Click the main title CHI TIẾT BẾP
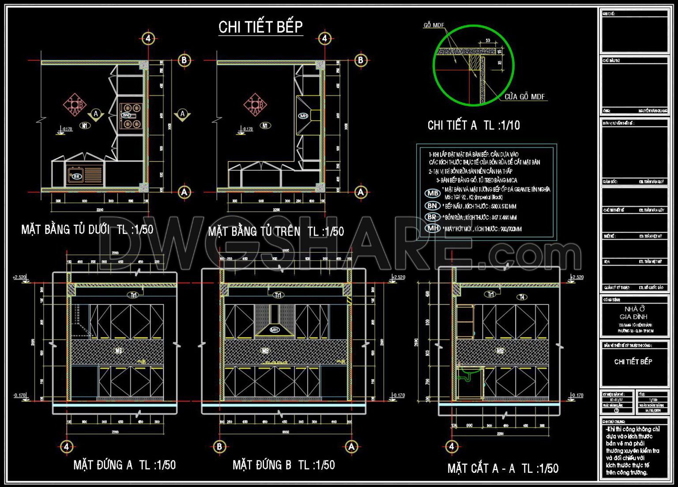[260, 27]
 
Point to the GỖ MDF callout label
[433, 25]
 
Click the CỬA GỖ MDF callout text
[524, 97]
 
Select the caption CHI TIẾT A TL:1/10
[473, 126]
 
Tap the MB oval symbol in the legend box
[433, 193]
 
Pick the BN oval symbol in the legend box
[432, 206]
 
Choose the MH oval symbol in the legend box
[433, 229]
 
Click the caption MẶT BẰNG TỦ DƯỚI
[87, 229]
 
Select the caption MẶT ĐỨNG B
[283, 465]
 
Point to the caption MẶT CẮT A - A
[503, 468]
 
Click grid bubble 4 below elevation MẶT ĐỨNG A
[66, 446]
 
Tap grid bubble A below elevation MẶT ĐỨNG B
[351, 446]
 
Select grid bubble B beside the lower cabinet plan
[184, 60]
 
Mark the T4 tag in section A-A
[522, 297]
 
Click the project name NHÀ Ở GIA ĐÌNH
[634, 313]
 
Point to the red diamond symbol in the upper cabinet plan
[255, 105]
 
